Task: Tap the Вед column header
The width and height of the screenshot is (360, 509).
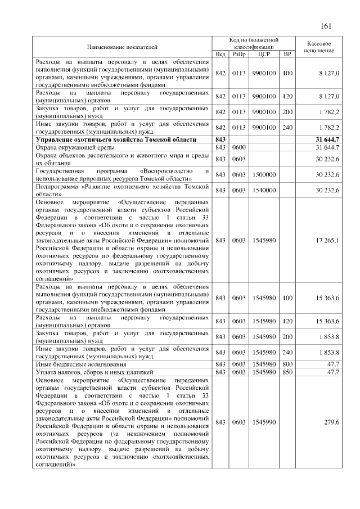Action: (x=220, y=54)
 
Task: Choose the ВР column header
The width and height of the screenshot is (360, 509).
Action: (x=287, y=54)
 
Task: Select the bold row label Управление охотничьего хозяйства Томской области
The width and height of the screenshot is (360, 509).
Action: (x=116, y=139)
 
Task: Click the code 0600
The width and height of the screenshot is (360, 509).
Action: (x=239, y=147)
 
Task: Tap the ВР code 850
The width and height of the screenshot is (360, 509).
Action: (x=287, y=372)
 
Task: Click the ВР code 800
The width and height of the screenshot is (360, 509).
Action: (x=287, y=364)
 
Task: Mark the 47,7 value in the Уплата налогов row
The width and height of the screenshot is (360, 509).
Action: (x=332, y=372)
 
